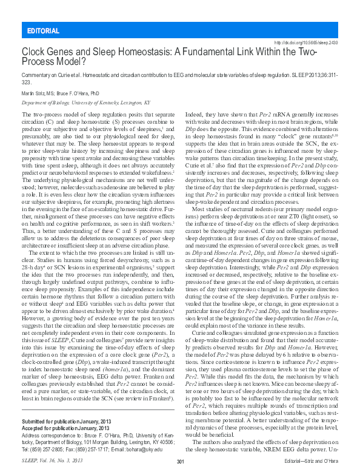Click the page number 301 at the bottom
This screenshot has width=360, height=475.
pyautogui.click(x=179, y=463)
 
